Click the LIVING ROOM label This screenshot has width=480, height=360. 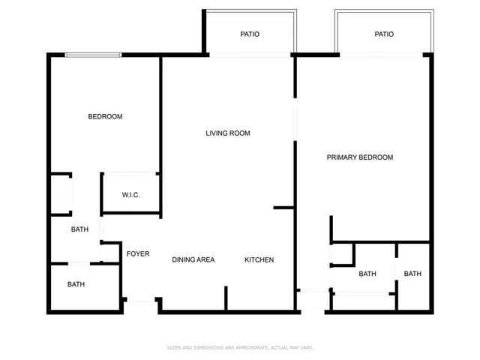(x=228, y=133)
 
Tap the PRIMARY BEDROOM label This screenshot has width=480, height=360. (x=360, y=157)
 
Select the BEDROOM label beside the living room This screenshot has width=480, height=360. (x=105, y=117)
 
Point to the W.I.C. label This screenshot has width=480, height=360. (x=130, y=195)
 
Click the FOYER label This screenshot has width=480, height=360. (x=138, y=253)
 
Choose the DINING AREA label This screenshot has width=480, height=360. (x=193, y=260)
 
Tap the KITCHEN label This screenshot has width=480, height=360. (x=259, y=260)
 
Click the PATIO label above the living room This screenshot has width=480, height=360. (x=250, y=34)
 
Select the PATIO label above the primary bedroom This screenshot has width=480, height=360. (x=384, y=34)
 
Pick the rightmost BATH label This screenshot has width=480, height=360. (x=412, y=274)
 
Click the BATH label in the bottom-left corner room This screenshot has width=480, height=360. (x=76, y=284)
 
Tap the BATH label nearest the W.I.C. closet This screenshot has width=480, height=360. (x=79, y=229)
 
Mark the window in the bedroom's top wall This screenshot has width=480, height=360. (x=93, y=55)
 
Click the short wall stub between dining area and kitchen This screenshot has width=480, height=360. (x=226, y=298)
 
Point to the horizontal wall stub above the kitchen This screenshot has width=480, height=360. (x=283, y=208)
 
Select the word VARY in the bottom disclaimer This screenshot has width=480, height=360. (x=307, y=348)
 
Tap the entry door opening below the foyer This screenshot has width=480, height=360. (x=141, y=300)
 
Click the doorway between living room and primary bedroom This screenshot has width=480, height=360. (x=295, y=119)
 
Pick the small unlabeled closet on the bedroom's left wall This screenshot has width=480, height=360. (x=61, y=193)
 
